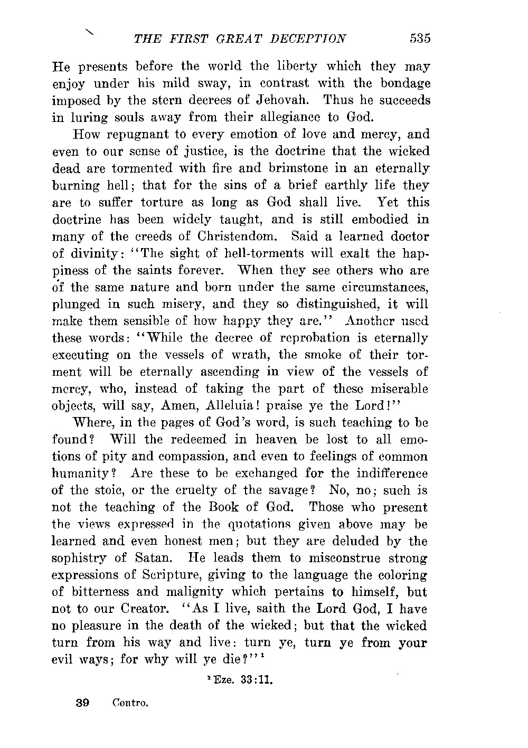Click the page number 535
420,39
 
